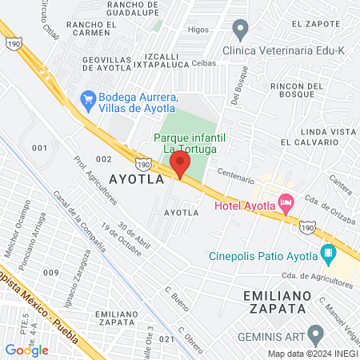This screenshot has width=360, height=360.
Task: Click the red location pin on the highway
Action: pyautogui.click(x=180, y=166)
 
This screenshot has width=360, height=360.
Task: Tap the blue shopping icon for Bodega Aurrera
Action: pyautogui.click(x=88, y=99)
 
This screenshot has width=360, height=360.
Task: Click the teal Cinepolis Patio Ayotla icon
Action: pyautogui.click(x=327, y=255)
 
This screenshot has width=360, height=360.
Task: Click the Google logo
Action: pyautogui.click(x=27, y=350)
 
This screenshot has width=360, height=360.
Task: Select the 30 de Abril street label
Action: pyautogui.click(x=134, y=238)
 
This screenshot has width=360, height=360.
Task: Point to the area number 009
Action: pyautogui.click(x=51, y=273)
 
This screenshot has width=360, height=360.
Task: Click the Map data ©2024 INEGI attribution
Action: pyautogui.click(x=313, y=353)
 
